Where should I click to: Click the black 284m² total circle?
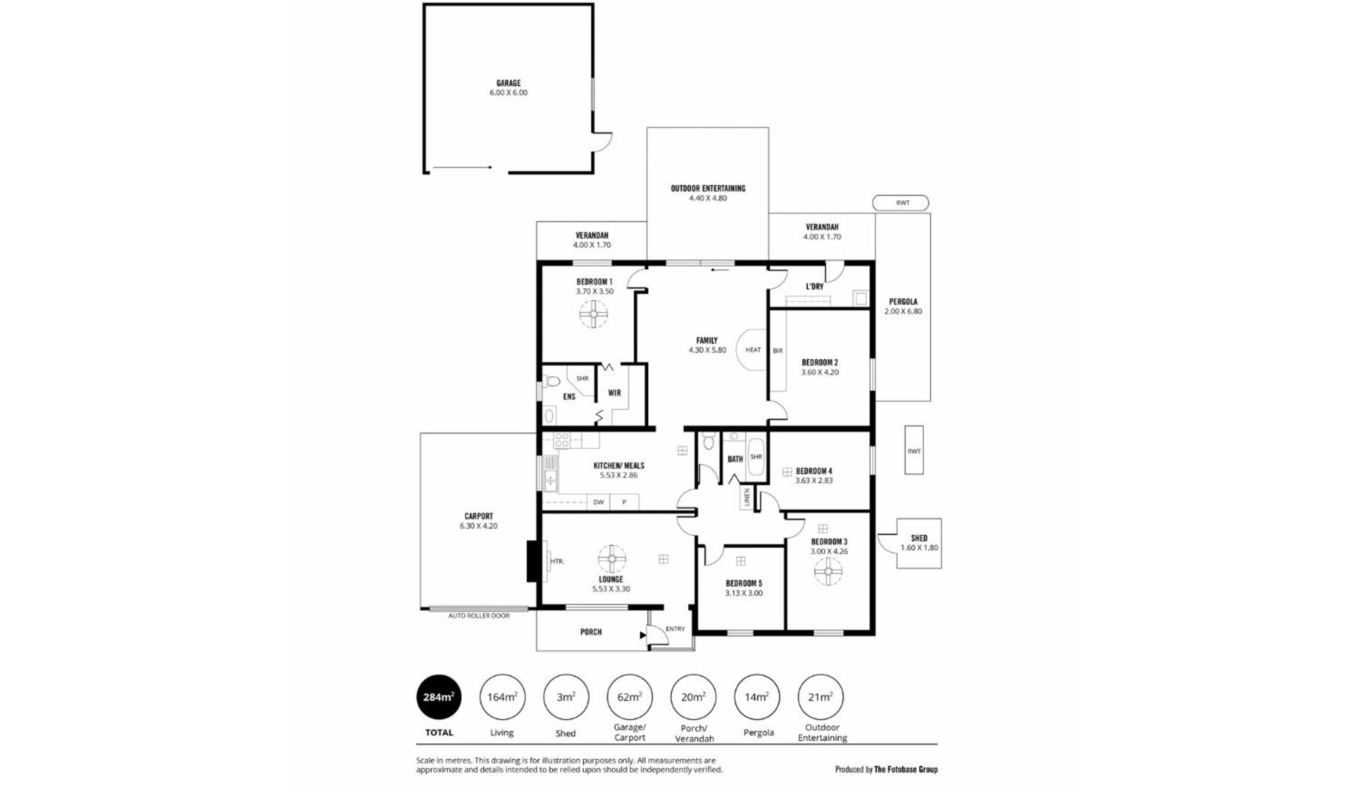pos(439,697)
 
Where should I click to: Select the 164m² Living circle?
pos(502,697)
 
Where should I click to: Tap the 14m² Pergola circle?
pos(757,697)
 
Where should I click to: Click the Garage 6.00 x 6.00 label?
pos(508,88)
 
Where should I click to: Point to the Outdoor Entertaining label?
pos(708,193)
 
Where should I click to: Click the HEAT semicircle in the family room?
pos(752,350)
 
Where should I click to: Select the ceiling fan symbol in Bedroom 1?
pos(594,314)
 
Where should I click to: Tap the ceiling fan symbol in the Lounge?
pos(612,559)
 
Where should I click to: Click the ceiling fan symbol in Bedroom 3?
pos(828,571)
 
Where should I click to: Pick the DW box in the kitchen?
pos(598,502)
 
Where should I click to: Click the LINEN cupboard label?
pos(747,498)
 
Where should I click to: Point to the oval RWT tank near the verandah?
pos(900,203)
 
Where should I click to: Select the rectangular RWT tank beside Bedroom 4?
pos(914,450)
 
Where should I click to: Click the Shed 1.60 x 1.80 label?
pos(919,543)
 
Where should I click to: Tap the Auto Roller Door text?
pos(479,616)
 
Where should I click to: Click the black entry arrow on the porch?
pos(643,635)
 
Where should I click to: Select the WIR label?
pos(614,393)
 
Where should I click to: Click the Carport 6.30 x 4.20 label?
pos(479,521)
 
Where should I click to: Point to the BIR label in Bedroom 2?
pos(778,351)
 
